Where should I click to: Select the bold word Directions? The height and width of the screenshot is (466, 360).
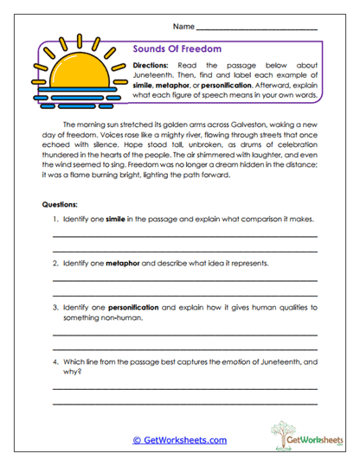(152, 67)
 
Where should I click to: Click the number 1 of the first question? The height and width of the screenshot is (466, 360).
(55, 220)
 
